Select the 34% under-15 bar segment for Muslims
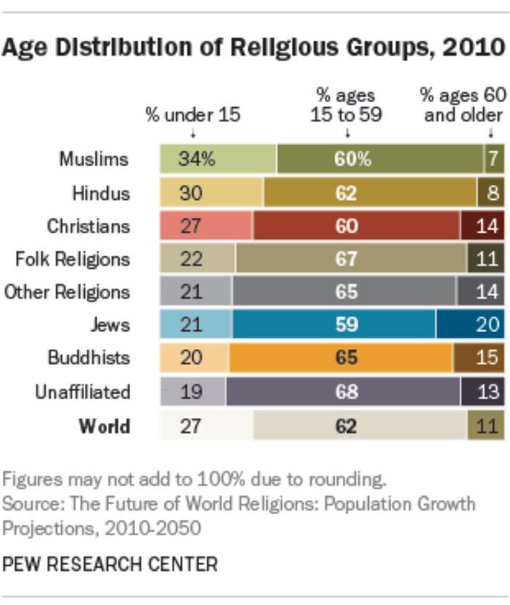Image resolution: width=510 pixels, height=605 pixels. (x=218, y=159)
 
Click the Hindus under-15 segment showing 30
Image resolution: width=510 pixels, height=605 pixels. (x=212, y=192)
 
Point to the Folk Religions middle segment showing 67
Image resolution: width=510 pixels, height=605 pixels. (x=351, y=259)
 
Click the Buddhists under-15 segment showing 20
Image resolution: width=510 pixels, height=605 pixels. (x=195, y=358)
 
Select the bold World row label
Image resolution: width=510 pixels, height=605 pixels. (x=104, y=425)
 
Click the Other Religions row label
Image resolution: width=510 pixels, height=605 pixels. (x=67, y=292)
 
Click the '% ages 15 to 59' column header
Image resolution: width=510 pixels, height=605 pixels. (x=345, y=105)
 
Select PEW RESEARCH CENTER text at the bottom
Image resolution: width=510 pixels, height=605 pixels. (x=110, y=563)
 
